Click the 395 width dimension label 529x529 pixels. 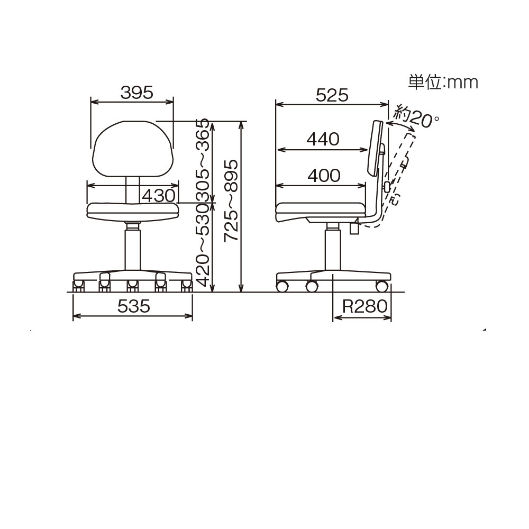click(136, 93)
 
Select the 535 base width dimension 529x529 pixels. click(134, 306)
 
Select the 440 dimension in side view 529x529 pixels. click(322, 139)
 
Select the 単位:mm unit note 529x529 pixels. click(443, 82)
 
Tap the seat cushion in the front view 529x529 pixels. click(133, 211)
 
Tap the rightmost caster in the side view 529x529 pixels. click(381, 287)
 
